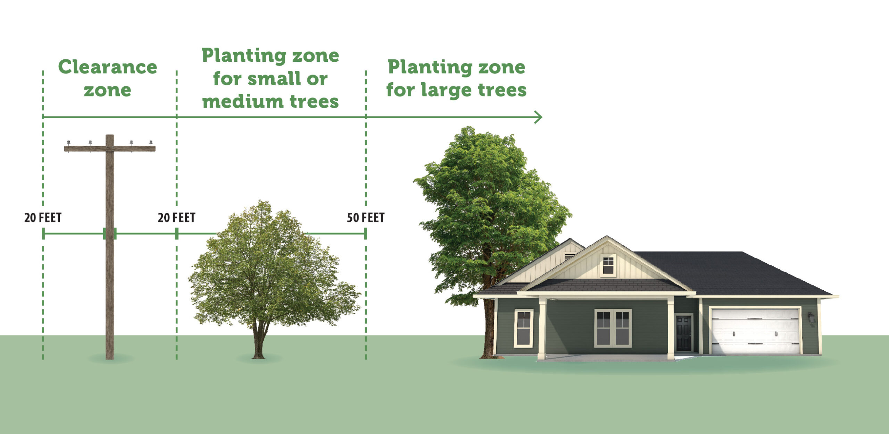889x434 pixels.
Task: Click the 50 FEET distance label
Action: tap(366, 218)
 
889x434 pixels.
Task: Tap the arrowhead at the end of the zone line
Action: tap(538, 117)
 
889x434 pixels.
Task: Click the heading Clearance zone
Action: tap(108, 78)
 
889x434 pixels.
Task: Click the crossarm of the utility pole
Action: tap(110, 148)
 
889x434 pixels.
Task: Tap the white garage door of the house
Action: tap(755, 331)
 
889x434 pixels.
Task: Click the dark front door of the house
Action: tap(684, 333)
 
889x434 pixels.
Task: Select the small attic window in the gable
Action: tap(608, 265)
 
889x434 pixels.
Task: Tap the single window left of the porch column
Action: tap(523, 328)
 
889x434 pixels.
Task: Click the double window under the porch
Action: tap(613, 328)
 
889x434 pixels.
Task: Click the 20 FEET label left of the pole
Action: tap(43, 218)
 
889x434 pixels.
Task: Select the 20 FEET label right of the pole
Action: tap(176, 218)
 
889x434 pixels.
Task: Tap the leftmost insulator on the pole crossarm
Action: tap(68, 143)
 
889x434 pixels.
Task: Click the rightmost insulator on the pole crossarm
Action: tap(151, 143)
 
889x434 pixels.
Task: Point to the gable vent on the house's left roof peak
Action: tap(569, 257)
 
